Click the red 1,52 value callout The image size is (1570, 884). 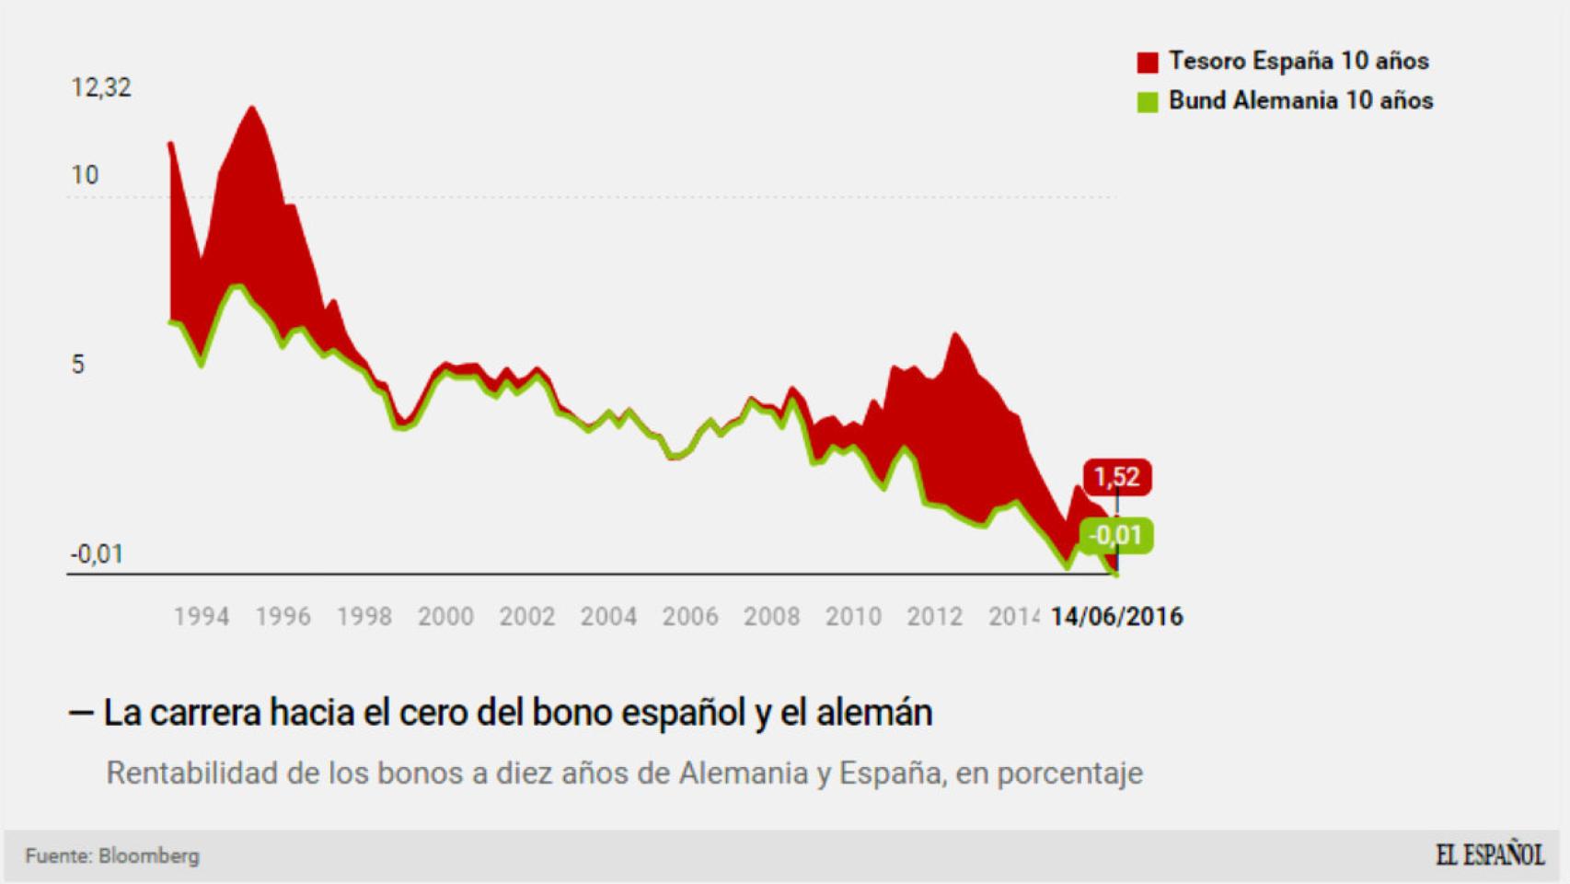click(x=1116, y=477)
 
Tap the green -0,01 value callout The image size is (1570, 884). click(x=1115, y=535)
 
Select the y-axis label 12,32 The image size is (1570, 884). click(x=101, y=87)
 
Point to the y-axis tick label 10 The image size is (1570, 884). click(x=85, y=175)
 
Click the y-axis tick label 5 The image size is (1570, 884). click(x=78, y=365)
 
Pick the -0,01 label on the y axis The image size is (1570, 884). click(x=97, y=553)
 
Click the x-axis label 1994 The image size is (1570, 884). click(x=202, y=617)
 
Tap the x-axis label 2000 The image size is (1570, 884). click(x=445, y=617)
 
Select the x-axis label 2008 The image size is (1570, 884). click(x=771, y=617)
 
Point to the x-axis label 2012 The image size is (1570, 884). click(x=934, y=617)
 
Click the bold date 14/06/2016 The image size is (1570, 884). click(x=1116, y=617)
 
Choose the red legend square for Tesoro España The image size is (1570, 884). click(x=1147, y=63)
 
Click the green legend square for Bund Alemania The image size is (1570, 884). click(x=1147, y=102)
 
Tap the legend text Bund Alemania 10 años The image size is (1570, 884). click(x=1300, y=100)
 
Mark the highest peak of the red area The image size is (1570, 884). click(x=251, y=109)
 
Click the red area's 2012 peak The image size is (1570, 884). click(x=954, y=335)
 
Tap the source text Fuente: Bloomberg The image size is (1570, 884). click(x=112, y=856)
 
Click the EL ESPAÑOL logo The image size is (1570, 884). click(x=1489, y=855)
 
